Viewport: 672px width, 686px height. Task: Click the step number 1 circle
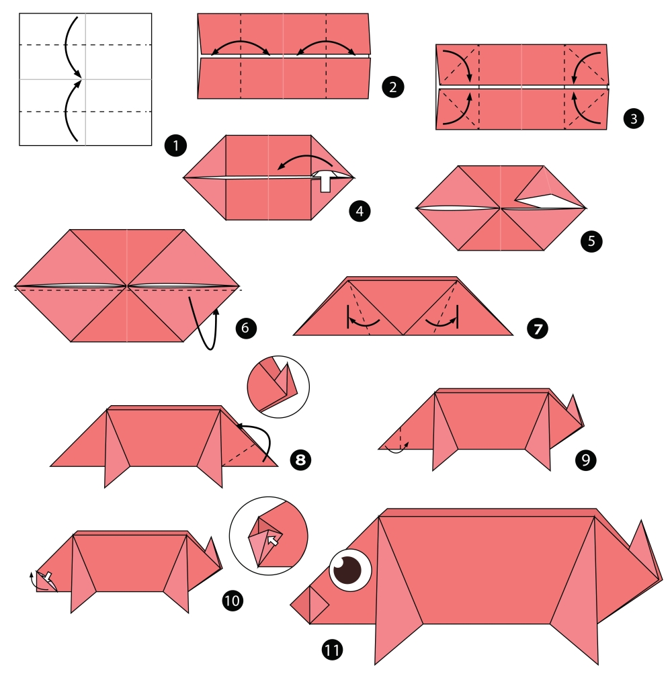point(175,146)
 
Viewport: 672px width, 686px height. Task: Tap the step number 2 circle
point(393,87)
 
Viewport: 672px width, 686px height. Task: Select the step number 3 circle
point(634,118)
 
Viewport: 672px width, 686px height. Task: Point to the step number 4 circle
point(360,212)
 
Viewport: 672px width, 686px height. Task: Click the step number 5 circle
point(591,241)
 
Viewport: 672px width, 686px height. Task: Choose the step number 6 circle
point(245,328)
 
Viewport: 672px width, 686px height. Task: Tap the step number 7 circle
point(538,329)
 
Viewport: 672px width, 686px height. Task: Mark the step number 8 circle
point(300,460)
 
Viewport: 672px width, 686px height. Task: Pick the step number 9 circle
point(586,460)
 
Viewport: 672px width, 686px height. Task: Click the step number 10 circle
point(233,600)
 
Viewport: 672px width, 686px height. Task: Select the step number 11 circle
point(332,650)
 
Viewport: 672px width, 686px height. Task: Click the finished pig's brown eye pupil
point(348,569)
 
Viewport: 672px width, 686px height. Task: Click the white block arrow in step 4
point(325,181)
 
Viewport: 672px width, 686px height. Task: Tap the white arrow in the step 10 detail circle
point(273,541)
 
